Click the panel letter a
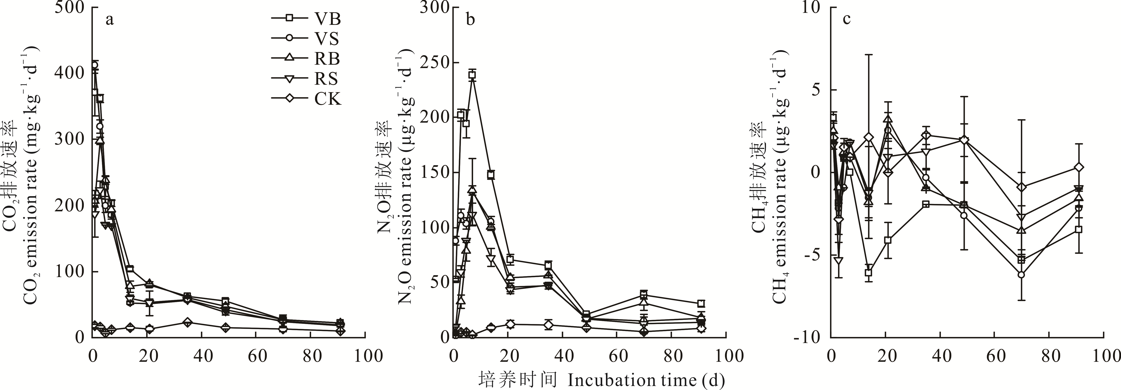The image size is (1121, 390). pos(110,20)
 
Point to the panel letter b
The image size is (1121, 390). pos(470,20)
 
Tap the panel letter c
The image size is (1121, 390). pos(847,20)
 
